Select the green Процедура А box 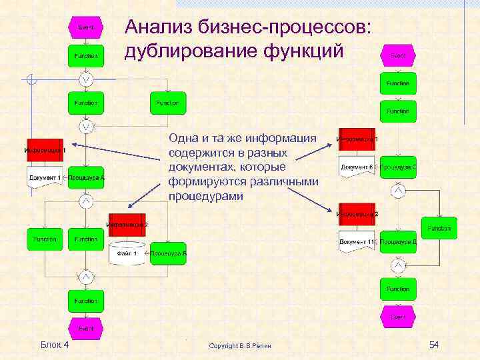86,178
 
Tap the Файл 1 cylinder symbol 127,254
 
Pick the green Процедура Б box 168,253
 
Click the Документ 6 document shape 357,167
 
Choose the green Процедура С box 399,166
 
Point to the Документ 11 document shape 357,242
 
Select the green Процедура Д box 399,241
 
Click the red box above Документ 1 45,151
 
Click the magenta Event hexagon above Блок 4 86,328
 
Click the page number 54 435,345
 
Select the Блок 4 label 55,344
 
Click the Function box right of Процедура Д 439,228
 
